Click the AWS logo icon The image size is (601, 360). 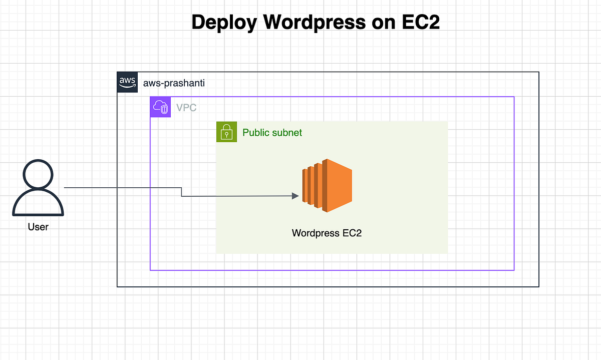click(127, 82)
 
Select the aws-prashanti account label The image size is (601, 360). click(174, 83)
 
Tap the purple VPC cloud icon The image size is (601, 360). click(161, 107)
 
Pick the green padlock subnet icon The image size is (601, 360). click(226, 132)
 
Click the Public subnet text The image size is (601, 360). click(272, 133)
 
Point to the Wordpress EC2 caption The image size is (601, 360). click(327, 233)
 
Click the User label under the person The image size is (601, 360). click(38, 227)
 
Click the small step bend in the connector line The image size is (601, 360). click(181, 192)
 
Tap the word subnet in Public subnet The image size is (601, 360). click(287, 133)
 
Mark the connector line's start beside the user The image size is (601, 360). click(65, 188)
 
